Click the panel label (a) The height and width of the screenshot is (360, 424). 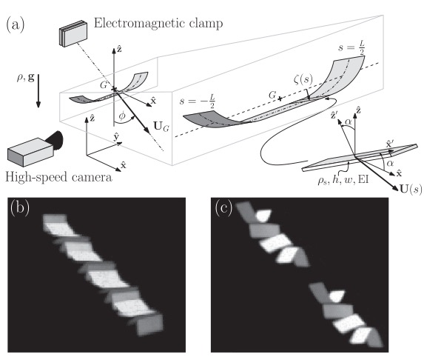15,24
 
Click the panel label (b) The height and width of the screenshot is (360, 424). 19,208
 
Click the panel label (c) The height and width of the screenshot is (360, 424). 223,208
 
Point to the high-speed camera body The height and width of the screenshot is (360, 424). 30,152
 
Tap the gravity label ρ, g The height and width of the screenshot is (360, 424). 26,78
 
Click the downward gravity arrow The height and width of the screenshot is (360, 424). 38,91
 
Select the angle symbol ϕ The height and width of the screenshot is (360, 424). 122,116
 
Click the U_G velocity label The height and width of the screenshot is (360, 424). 161,127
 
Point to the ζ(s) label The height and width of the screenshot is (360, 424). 303,79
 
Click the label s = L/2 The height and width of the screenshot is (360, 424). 351,47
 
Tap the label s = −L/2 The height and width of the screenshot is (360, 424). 198,101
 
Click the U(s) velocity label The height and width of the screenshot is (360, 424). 411,189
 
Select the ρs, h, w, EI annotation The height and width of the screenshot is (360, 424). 343,179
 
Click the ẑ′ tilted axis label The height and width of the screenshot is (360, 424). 334,116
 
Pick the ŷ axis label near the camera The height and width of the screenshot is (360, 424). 116,137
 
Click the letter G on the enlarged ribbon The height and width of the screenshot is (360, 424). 272,95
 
